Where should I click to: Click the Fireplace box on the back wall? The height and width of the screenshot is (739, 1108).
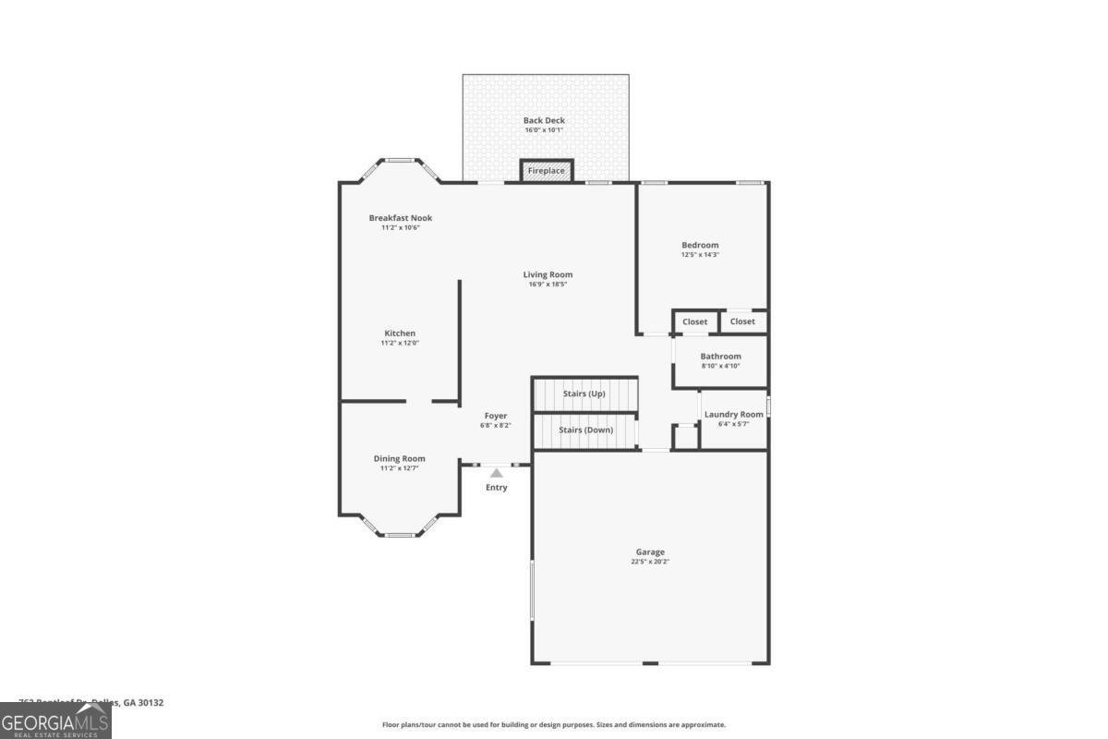coord(546,171)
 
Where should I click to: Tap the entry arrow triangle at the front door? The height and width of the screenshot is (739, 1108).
coord(496,473)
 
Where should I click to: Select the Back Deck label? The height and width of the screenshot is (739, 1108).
coord(544,120)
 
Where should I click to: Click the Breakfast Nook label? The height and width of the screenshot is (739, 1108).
coord(400,218)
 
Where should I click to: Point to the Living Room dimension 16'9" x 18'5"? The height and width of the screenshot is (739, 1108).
coord(547,285)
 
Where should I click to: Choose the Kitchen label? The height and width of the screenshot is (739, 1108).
coord(400,333)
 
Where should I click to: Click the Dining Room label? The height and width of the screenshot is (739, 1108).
coord(399,458)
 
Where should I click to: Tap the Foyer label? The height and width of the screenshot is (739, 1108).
coord(495,416)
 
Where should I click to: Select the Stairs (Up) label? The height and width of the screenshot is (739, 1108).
coord(584,394)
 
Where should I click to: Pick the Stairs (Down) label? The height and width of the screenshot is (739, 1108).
coord(585,430)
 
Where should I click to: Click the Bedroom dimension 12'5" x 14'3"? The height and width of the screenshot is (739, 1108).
coord(700,254)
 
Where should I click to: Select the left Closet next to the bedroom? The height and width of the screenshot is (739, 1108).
coord(694,321)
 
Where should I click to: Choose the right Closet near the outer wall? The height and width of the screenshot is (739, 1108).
coord(742,321)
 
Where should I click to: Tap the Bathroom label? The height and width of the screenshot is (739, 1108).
coord(720,356)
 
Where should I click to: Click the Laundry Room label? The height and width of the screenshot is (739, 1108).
coord(734,414)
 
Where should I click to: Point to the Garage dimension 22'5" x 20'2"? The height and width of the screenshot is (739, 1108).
coord(649,562)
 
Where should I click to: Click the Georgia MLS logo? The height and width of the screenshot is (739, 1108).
coord(55,721)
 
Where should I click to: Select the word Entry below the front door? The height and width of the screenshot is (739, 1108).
coord(496,488)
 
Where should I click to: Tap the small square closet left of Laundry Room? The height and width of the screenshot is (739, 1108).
coord(685,436)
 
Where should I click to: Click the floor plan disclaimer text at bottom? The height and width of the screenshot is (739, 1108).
coord(554,725)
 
